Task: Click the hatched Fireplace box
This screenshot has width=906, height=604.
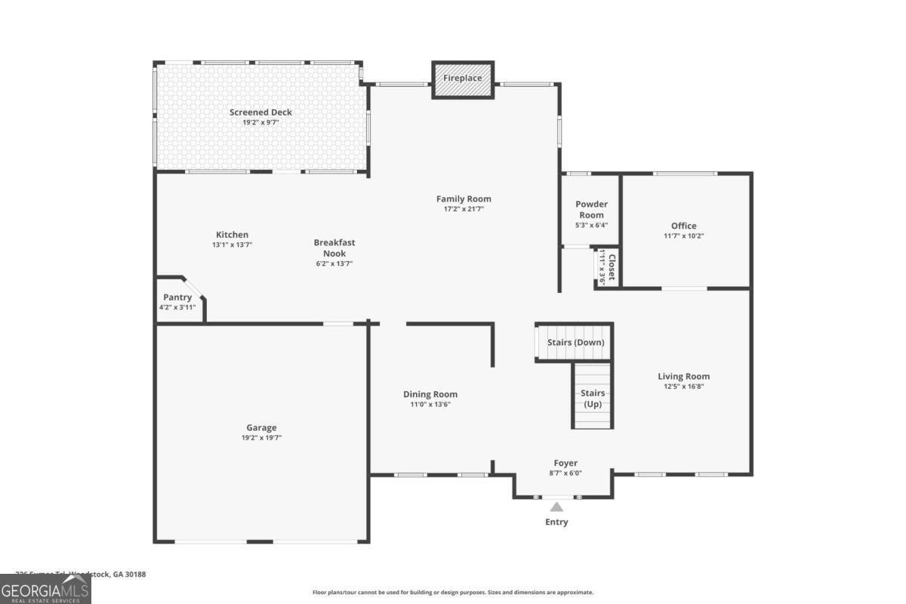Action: [463, 79]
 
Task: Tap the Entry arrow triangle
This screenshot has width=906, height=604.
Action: [556, 507]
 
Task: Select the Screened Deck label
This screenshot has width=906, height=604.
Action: [260, 112]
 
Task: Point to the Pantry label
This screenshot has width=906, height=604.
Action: [177, 297]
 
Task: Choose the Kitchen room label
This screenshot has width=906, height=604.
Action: [232, 235]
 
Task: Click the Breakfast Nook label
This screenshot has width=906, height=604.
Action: [334, 248]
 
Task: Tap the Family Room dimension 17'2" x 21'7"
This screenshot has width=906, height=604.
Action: [464, 209]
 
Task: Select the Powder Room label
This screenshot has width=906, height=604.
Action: [591, 209]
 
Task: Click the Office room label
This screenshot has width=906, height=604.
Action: [684, 226]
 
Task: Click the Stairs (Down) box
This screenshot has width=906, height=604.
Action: [575, 342]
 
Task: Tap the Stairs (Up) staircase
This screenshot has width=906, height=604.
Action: [592, 397]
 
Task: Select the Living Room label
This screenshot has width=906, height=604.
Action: [683, 376]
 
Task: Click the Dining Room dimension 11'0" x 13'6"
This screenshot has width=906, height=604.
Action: [430, 405]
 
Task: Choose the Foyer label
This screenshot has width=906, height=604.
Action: [565, 463]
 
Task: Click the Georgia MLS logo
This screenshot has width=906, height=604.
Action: [45, 589]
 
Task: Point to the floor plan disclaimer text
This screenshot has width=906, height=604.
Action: [453, 593]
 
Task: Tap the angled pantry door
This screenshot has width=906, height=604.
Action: [193, 290]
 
